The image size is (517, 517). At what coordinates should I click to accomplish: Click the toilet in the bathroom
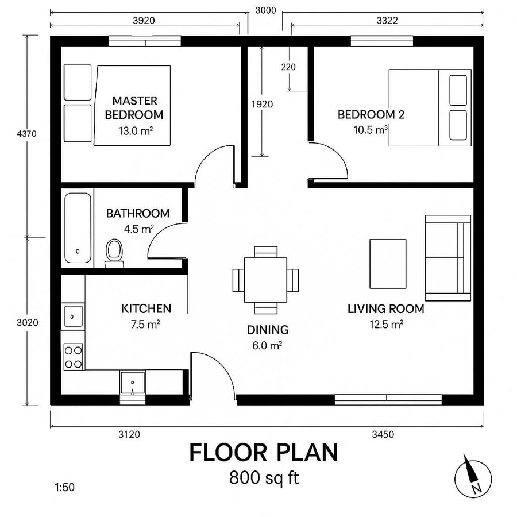[114, 253]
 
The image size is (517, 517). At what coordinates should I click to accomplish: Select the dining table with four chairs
[265, 280]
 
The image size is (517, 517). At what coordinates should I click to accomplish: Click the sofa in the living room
[447, 257]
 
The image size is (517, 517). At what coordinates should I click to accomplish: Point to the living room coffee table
[388, 264]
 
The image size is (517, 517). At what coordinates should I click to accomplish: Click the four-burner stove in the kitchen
[74, 356]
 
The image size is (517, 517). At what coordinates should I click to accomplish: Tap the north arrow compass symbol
[473, 476]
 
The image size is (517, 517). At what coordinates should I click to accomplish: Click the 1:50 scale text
[64, 488]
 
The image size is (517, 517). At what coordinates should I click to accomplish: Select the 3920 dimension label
[144, 20]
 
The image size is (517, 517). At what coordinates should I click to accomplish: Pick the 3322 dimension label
[388, 20]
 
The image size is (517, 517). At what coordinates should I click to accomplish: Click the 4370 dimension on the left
[27, 134]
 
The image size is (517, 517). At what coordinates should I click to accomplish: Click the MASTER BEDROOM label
[134, 107]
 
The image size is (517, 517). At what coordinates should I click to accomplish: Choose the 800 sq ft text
[264, 478]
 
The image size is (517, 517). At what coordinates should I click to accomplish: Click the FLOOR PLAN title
[264, 453]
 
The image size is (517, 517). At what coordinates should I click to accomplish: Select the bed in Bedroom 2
[430, 108]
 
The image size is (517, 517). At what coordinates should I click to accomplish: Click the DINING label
[268, 330]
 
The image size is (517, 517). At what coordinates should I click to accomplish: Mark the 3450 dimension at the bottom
[383, 434]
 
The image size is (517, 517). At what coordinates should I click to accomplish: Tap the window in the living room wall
[388, 399]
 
